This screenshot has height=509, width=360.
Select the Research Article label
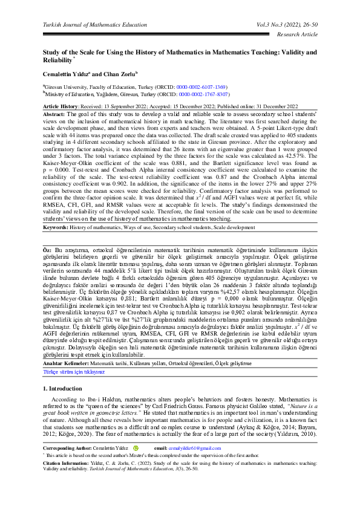point(296,34)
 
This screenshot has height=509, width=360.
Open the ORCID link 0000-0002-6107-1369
point(201,87)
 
